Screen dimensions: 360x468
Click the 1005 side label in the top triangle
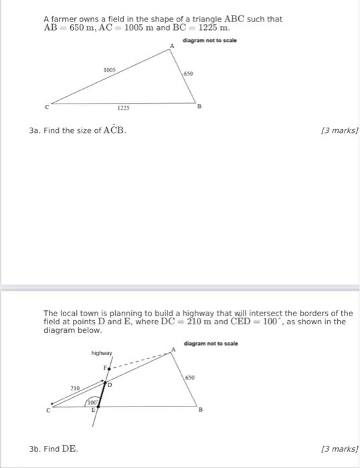click(110, 70)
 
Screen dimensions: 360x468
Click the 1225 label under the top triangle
click(123, 108)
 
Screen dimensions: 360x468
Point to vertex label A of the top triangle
click(171, 45)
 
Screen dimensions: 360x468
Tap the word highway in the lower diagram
click(102, 352)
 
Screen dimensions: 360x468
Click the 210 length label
click(76, 387)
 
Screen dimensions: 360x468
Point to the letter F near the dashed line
click(104, 367)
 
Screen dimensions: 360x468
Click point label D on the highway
click(111, 385)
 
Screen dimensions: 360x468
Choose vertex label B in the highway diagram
click(198, 411)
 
